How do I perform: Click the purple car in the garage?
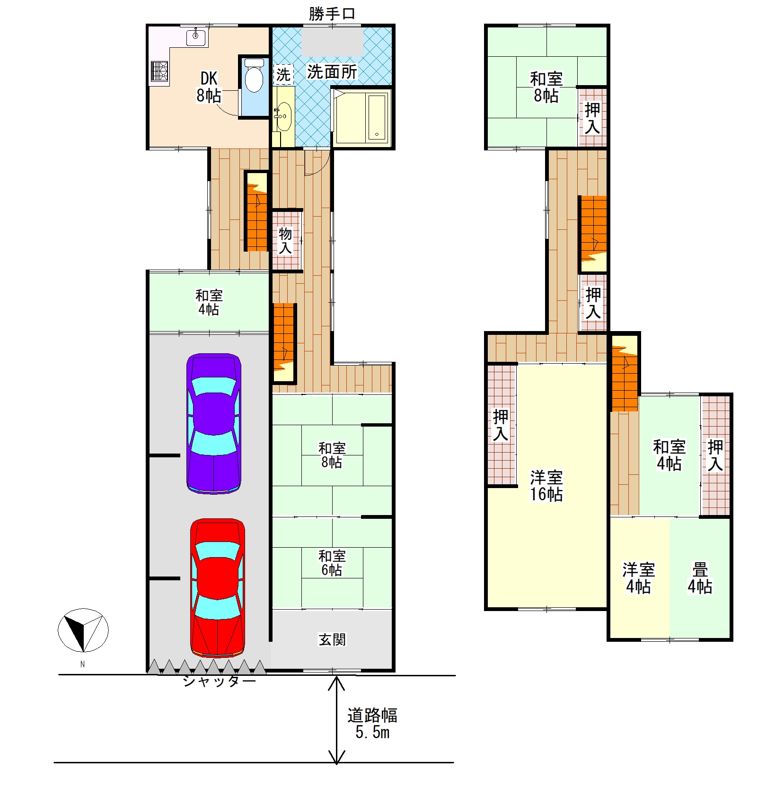coord(214,424)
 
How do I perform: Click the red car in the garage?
coord(218,588)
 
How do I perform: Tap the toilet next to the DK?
coord(254,76)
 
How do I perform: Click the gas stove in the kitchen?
coord(159,72)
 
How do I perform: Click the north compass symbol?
coord(83,630)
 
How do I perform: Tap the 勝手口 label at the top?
coord(332,14)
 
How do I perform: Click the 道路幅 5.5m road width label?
coord(372,723)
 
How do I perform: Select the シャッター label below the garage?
coord(220,681)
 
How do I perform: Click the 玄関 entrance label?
coord(332,639)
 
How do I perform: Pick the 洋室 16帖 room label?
coord(546,485)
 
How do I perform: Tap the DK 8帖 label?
coord(209,87)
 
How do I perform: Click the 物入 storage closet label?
coord(285,240)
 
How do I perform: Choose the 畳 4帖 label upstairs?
coord(700,578)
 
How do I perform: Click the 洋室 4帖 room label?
coord(638,578)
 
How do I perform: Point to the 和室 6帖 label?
coord(332,563)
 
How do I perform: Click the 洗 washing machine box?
coord(283,74)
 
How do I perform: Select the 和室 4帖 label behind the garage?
coord(209,302)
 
